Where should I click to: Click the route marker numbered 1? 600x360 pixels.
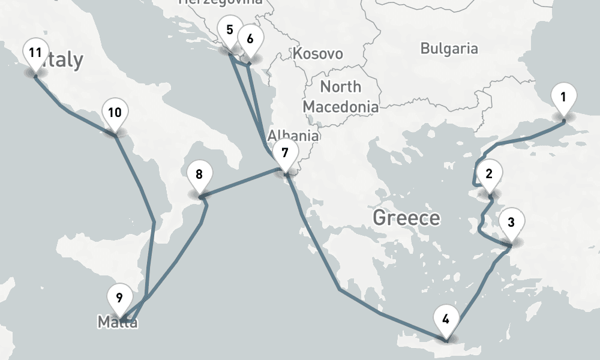point(563,98)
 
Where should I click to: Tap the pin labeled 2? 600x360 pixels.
point(489,175)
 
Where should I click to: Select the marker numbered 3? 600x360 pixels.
point(511,223)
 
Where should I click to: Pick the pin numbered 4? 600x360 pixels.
point(445,319)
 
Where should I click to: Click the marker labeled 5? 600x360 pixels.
point(229,31)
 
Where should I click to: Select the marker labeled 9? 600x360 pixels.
point(119,298)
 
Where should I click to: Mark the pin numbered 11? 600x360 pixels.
point(35,53)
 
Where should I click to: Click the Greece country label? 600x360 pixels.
point(406,217)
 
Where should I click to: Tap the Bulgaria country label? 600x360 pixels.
point(449,49)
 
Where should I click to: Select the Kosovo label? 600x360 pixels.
point(317,54)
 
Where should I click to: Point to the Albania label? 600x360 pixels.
point(293,134)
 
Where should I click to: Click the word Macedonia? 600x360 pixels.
point(340,107)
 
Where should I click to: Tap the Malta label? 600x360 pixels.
point(118,323)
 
